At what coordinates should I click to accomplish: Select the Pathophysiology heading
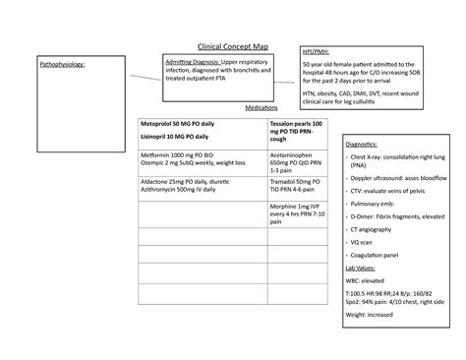point(61,64)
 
